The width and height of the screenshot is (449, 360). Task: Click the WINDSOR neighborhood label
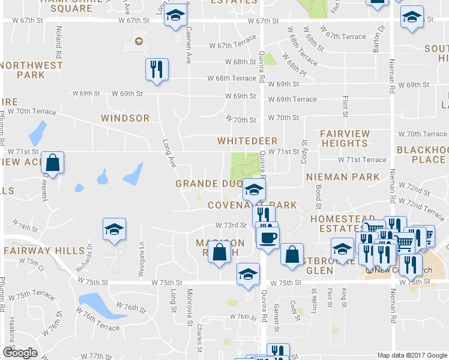pos(125,118)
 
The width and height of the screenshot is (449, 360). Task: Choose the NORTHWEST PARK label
pos(32,70)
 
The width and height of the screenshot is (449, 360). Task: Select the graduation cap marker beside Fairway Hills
pos(114,230)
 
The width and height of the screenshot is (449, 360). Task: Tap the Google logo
pos(19,353)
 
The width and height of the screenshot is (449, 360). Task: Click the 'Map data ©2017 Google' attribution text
pos(412,355)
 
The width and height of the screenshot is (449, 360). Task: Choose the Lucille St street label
pos(313,298)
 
